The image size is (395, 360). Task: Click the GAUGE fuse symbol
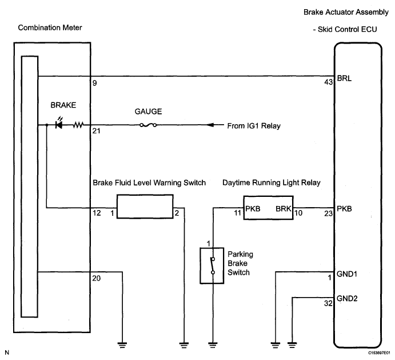(x=148, y=125)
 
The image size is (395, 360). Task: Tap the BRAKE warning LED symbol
(x=59, y=124)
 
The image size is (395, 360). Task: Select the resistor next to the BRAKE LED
(x=78, y=125)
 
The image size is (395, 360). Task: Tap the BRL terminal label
(x=344, y=78)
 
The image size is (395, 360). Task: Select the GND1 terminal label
(x=347, y=274)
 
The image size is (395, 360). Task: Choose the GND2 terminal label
(x=347, y=299)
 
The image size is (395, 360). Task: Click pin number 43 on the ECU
(x=329, y=82)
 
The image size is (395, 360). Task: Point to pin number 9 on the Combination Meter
(x=95, y=83)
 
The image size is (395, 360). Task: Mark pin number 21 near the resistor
(x=96, y=131)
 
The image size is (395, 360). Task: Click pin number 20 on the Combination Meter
(x=97, y=278)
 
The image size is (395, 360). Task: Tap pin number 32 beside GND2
(x=328, y=303)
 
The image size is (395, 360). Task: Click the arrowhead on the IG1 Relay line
(x=210, y=125)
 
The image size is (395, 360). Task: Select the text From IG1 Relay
(x=254, y=126)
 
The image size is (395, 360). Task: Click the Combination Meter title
(x=50, y=27)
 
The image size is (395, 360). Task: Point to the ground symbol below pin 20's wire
(x=122, y=345)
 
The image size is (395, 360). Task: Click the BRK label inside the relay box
(x=284, y=209)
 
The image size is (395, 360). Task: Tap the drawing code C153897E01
(x=379, y=353)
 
